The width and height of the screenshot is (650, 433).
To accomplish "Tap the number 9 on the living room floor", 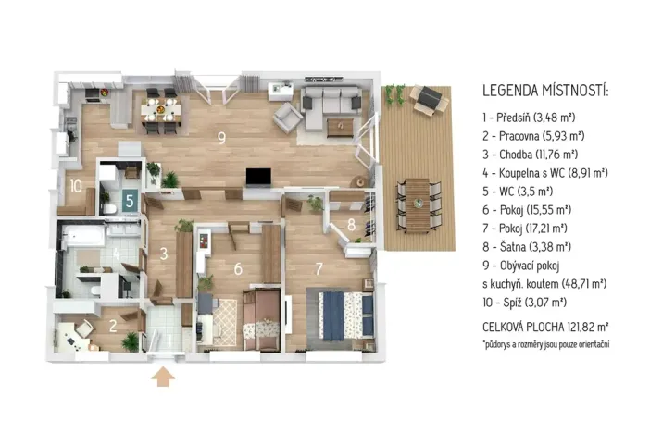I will click(220, 139).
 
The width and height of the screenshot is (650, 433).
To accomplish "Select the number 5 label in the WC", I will click(131, 198).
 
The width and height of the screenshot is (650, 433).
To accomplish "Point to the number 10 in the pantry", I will click(75, 185).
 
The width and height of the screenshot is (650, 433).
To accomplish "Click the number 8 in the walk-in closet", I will click(352, 224).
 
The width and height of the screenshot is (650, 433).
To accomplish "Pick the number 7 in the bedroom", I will click(319, 269).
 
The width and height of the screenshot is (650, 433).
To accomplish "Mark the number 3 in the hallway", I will click(163, 253).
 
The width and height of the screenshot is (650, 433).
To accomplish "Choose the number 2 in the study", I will click(112, 325).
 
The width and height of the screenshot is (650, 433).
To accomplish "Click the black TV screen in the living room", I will click(258, 176).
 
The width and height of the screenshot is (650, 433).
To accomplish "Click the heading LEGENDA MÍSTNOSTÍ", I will click(545, 93).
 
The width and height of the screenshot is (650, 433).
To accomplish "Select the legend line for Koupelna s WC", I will click(544, 173).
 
